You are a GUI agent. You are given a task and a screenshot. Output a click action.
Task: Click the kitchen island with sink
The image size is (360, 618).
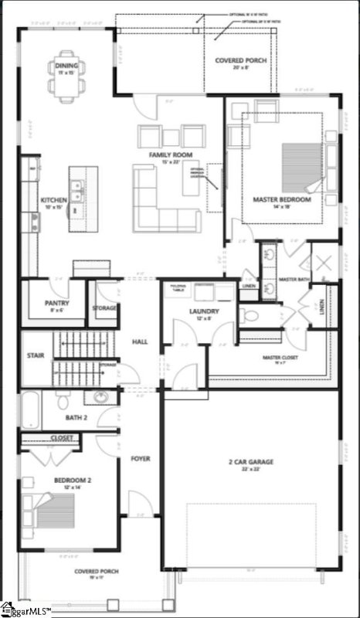(x=79, y=199)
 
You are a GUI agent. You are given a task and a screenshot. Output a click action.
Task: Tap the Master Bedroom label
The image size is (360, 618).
(x=282, y=199)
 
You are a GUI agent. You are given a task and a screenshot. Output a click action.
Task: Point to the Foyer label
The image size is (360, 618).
(x=140, y=458)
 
